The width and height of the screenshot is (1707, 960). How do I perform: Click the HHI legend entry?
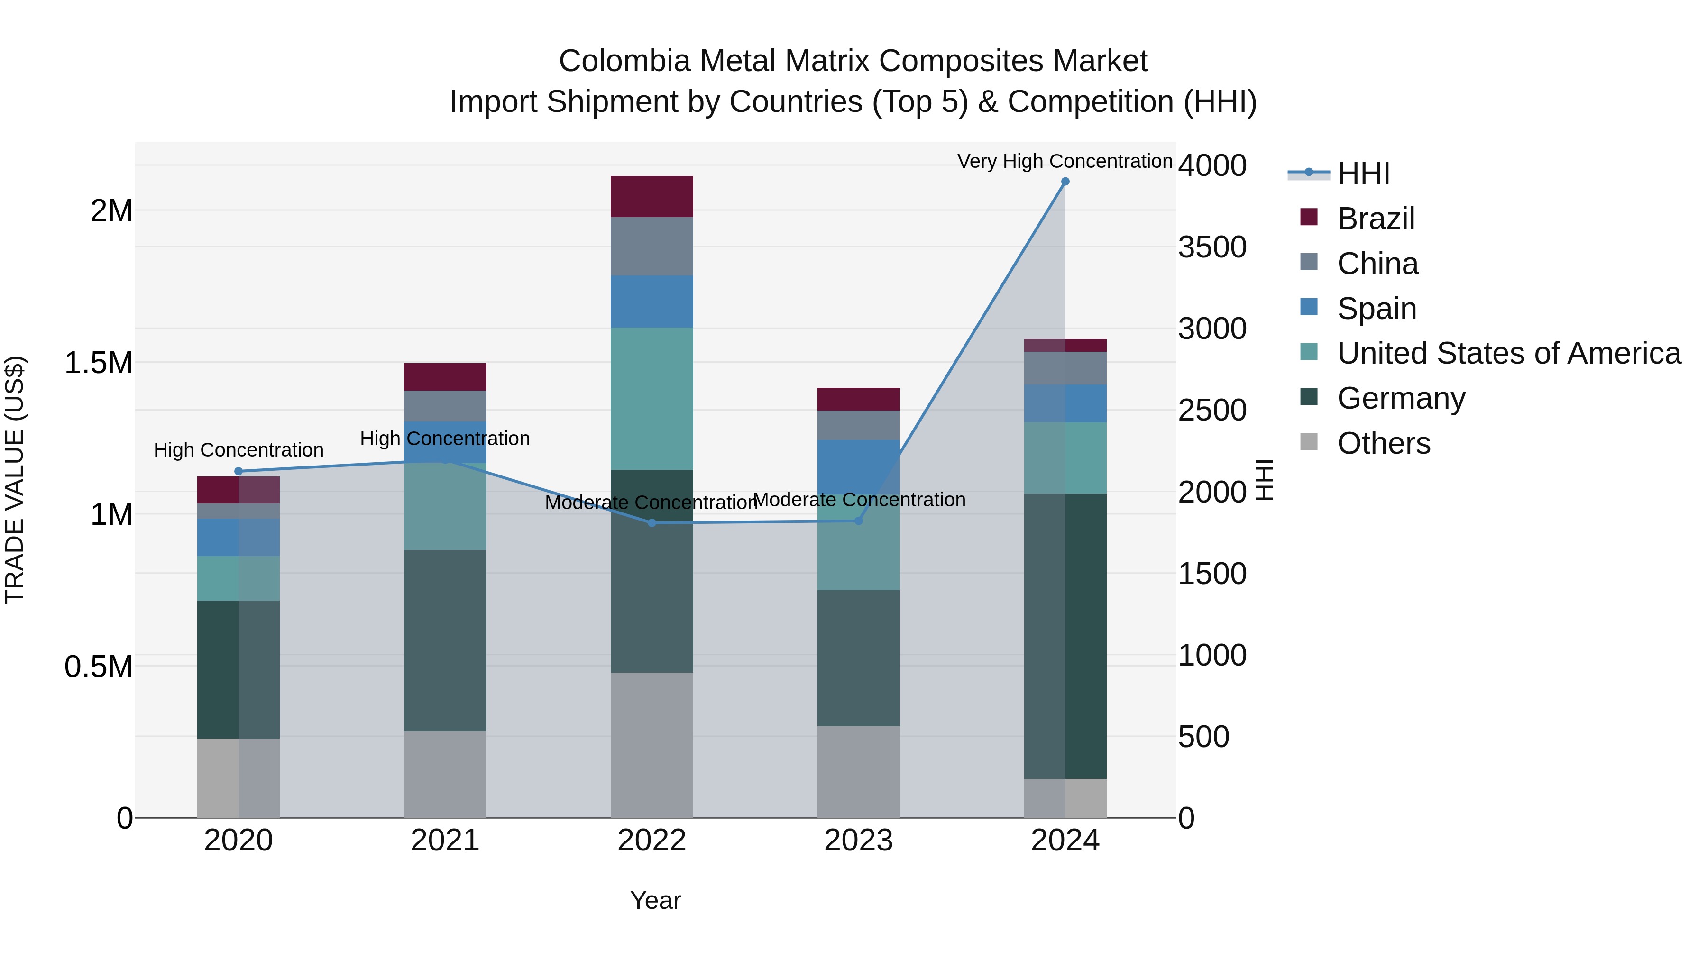click(x=1362, y=174)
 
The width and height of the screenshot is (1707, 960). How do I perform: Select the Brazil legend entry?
click(x=1376, y=219)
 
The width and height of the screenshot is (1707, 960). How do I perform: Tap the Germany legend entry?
click(x=1401, y=398)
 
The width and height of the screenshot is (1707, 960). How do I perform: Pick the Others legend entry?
click(x=1384, y=443)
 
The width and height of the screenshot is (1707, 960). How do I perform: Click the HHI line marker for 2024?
click(x=1065, y=182)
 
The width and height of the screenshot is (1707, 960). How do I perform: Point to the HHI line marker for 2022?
click(x=652, y=523)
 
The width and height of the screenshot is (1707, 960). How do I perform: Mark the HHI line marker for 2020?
click(x=239, y=471)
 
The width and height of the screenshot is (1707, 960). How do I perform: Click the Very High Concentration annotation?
click(x=1064, y=161)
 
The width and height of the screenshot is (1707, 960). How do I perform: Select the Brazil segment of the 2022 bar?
click(x=652, y=196)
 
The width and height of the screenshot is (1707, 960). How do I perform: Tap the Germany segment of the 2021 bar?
click(x=445, y=640)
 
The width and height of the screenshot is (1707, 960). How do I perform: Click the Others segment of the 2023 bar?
click(x=858, y=771)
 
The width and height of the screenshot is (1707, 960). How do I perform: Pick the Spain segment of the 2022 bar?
click(x=652, y=302)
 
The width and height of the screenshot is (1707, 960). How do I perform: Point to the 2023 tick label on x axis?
click(x=858, y=841)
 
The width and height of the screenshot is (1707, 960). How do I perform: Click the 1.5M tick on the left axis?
click(x=98, y=363)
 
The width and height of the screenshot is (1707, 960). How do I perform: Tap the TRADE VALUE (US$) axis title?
click(x=15, y=480)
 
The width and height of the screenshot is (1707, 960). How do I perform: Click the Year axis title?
click(x=655, y=900)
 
